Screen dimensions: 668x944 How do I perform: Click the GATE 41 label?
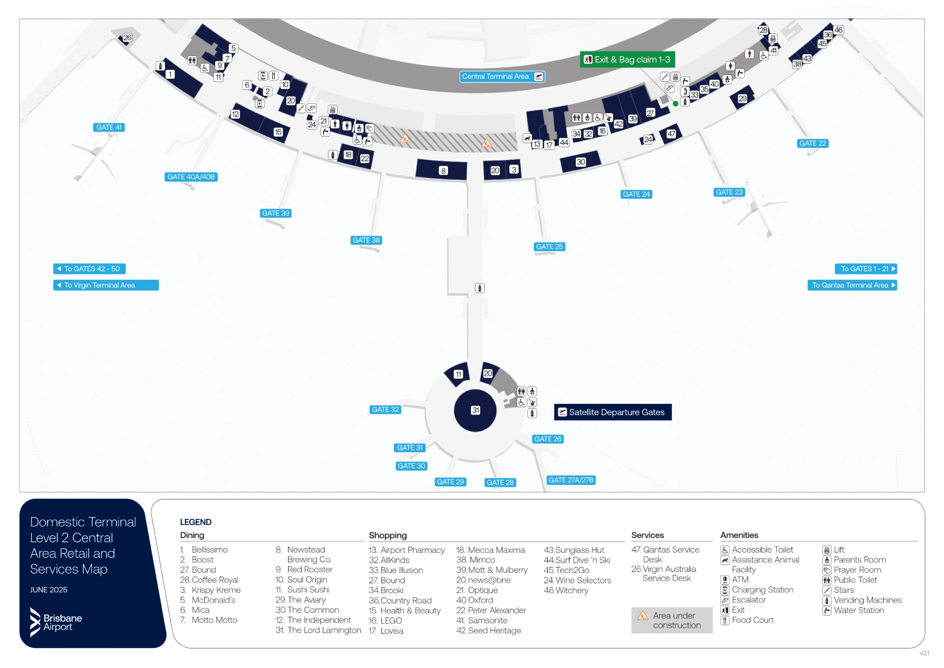pos(109,127)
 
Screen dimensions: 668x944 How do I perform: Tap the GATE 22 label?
pos(812,143)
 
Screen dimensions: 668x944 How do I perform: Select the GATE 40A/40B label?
pos(191,177)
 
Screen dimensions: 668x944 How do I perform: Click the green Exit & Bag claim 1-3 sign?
pos(627,60)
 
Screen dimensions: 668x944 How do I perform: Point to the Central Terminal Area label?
pos(501,76)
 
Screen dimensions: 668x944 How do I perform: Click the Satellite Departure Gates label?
pos(612,412)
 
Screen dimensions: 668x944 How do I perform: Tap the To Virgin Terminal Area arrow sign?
pos(106,285)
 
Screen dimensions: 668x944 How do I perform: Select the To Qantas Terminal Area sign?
pos(852,285)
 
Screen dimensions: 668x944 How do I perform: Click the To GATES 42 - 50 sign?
pos(89,269)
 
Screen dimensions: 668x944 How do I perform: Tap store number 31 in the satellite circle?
pos(475,410)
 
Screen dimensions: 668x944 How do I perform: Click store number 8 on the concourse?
pos(443,171)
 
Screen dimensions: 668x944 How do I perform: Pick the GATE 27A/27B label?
pos(570,480)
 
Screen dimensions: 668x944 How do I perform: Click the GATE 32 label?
pos(385,409)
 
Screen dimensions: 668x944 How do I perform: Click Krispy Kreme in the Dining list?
pos(215,590)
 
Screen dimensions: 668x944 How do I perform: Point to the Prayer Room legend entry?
pos(857,570)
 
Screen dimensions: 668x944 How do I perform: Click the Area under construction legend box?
pos(671,620)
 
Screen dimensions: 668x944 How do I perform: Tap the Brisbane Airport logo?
pos(56,622)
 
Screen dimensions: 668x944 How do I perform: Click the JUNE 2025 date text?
pos(49,590)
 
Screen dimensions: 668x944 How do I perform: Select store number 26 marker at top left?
pos(127,37)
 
